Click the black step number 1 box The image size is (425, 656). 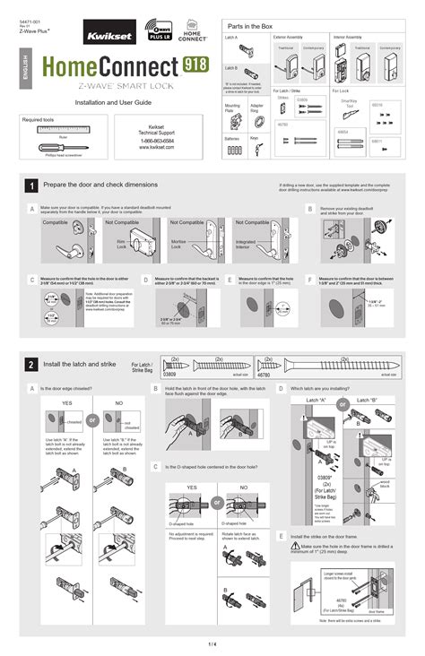[31, 186]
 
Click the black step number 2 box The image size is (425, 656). [31, 365]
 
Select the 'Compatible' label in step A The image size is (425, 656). [56, 222]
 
